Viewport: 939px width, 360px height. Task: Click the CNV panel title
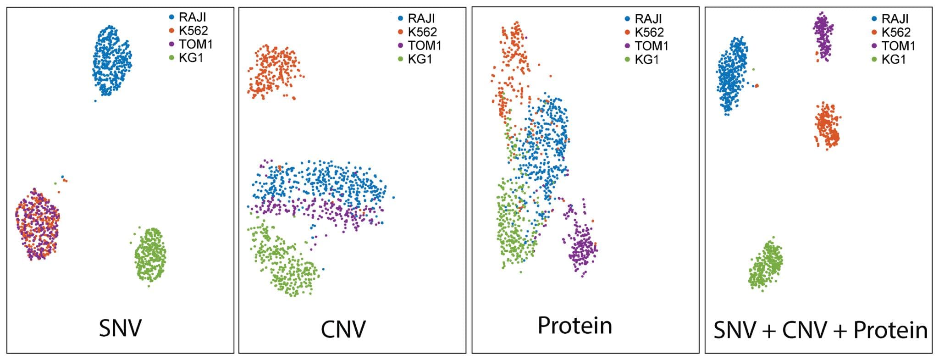coord(343,329)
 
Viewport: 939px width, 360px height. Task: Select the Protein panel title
coord(574,326)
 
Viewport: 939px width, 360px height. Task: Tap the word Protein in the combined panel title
coord(890,330)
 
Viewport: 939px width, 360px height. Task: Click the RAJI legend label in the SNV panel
coord(192,17)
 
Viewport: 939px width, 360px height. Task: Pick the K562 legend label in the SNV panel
coord(193,31)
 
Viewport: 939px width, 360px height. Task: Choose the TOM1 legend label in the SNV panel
coord(196,44)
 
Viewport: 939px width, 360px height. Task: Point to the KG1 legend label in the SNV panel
coord(191,58)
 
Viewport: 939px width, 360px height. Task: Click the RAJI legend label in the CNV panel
coord(421,19)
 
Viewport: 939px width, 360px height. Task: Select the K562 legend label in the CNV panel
coord(422,32)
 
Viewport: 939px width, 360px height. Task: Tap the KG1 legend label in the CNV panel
coord(420,59)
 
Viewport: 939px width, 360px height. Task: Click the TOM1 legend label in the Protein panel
coord(652,46)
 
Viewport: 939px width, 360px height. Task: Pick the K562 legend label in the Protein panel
coord(649,33)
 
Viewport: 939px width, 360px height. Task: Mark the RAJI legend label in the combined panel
coord(895,19)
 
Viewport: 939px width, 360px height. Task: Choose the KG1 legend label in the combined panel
coord(894,59)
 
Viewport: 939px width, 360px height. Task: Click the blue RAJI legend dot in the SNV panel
coord(172,17)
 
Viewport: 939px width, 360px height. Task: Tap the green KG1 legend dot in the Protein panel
coord(628,59)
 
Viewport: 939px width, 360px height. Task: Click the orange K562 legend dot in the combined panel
coord(874,33)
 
